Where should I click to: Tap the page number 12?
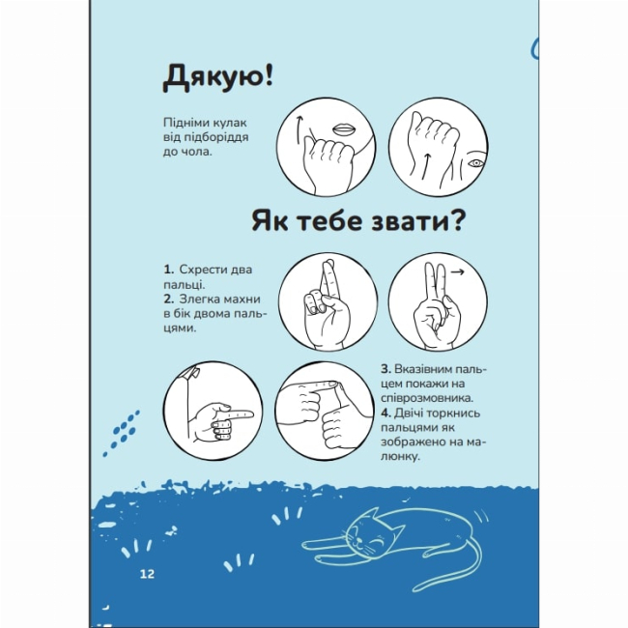click(147, 574)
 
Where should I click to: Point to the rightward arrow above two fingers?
click(457, 273)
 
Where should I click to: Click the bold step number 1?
click(168, 269)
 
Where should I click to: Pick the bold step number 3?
click(385, 369)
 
